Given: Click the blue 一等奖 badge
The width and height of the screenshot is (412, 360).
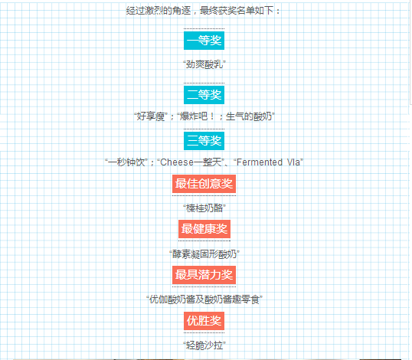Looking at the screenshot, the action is click(204, 41).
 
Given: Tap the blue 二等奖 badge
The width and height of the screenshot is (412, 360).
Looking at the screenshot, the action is click(204, 95).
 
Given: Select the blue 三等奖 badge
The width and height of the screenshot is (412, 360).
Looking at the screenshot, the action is click(204, 141).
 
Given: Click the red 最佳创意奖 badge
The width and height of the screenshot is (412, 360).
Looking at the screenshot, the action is click(204, 184).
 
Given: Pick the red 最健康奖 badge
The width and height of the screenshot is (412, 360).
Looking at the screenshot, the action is click(204, 229).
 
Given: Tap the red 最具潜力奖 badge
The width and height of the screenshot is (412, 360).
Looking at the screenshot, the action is click(204, 275).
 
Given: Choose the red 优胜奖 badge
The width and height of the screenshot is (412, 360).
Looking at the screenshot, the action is click(204, 321).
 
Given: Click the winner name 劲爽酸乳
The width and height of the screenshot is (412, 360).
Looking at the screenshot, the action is click(204, 64).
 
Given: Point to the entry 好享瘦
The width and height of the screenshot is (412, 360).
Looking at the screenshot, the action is click(151, 116).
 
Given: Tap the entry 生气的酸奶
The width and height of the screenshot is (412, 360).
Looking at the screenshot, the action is click(250, 116).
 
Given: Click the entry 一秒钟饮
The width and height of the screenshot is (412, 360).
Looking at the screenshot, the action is click(126, 162).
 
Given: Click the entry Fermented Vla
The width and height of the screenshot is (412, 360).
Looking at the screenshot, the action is click(268, 162).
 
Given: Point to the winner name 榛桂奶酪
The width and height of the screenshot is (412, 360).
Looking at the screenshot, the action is click(204, 208).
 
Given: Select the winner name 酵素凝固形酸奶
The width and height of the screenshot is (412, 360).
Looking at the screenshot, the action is click(204, 254).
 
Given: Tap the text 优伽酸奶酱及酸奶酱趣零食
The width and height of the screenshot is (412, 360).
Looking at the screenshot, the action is click(204, 299).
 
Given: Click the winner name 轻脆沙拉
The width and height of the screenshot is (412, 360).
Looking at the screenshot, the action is click(204, 345).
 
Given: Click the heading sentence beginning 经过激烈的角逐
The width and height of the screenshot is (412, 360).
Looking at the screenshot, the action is click(203, 11).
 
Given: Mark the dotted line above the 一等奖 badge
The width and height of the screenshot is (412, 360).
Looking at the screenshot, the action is click(204, 28).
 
